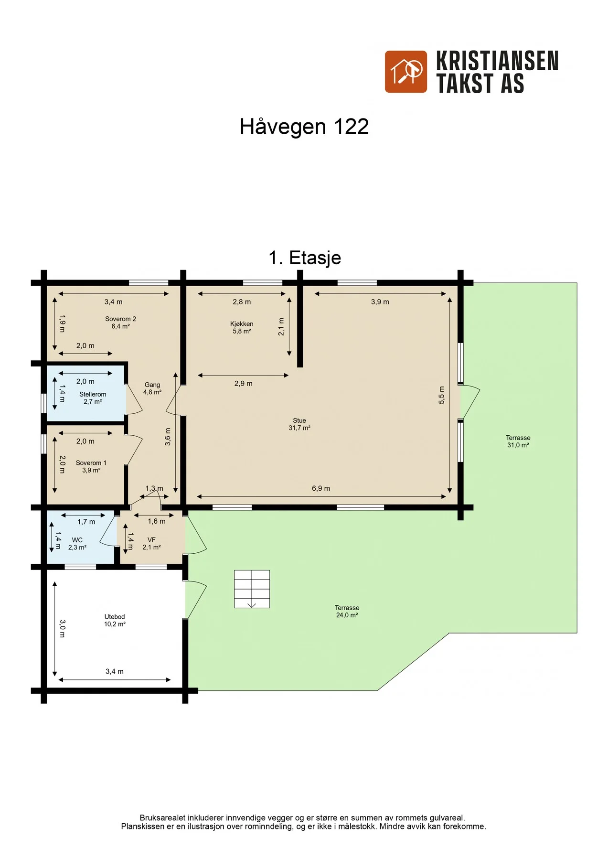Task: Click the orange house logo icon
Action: click(x=406, y=72)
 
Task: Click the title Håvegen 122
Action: click(x=304, y=127)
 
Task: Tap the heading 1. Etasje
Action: click(x=305, y=258)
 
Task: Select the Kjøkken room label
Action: click(x=242, y=327)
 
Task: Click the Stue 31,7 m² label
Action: click(x=299, y=424)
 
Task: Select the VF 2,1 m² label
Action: click(x=151, y=544)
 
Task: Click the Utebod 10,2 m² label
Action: click(x=115, y=620)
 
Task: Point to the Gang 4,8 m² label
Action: click(x=152, y=388)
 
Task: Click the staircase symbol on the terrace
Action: click(x=252, y=589)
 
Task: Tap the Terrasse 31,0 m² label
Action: click(x=518, y=441)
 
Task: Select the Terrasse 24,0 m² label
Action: click(x=347, y=612)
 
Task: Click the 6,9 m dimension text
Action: click(x=321, y=488)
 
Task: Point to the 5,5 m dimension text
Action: click(x=442, y=395)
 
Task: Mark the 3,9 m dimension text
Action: click(x=380, y=302)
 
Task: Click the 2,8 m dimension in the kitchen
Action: click(x=242, y=302)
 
